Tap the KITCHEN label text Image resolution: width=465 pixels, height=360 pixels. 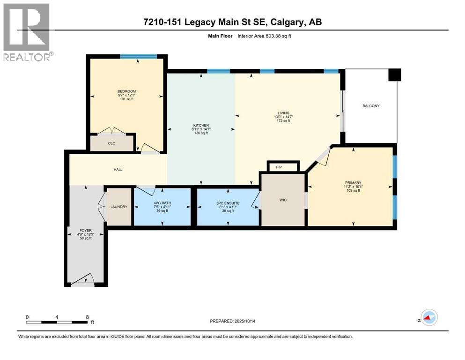coord(201,125)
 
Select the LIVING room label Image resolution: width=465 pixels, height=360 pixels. coord(283,113)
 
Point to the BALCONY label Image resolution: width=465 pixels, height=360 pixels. coord(371,106)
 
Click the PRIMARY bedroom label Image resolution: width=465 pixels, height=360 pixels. coord(353,183)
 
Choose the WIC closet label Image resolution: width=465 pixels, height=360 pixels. coord(283,200)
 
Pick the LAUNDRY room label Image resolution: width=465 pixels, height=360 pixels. coord(119,207)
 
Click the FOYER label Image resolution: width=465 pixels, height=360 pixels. coord(85,231)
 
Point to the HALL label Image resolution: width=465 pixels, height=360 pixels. coord(118,169)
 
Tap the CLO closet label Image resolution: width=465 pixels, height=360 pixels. coord(112,143)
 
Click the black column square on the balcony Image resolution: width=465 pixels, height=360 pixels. coord(395,75)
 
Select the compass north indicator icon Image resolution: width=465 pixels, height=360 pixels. coord(428,318)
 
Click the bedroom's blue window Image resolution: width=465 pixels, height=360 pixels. coord(138,56)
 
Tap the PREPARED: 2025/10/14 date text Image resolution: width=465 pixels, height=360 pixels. coord(238,321)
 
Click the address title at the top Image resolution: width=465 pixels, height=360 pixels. coord(233,22)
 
